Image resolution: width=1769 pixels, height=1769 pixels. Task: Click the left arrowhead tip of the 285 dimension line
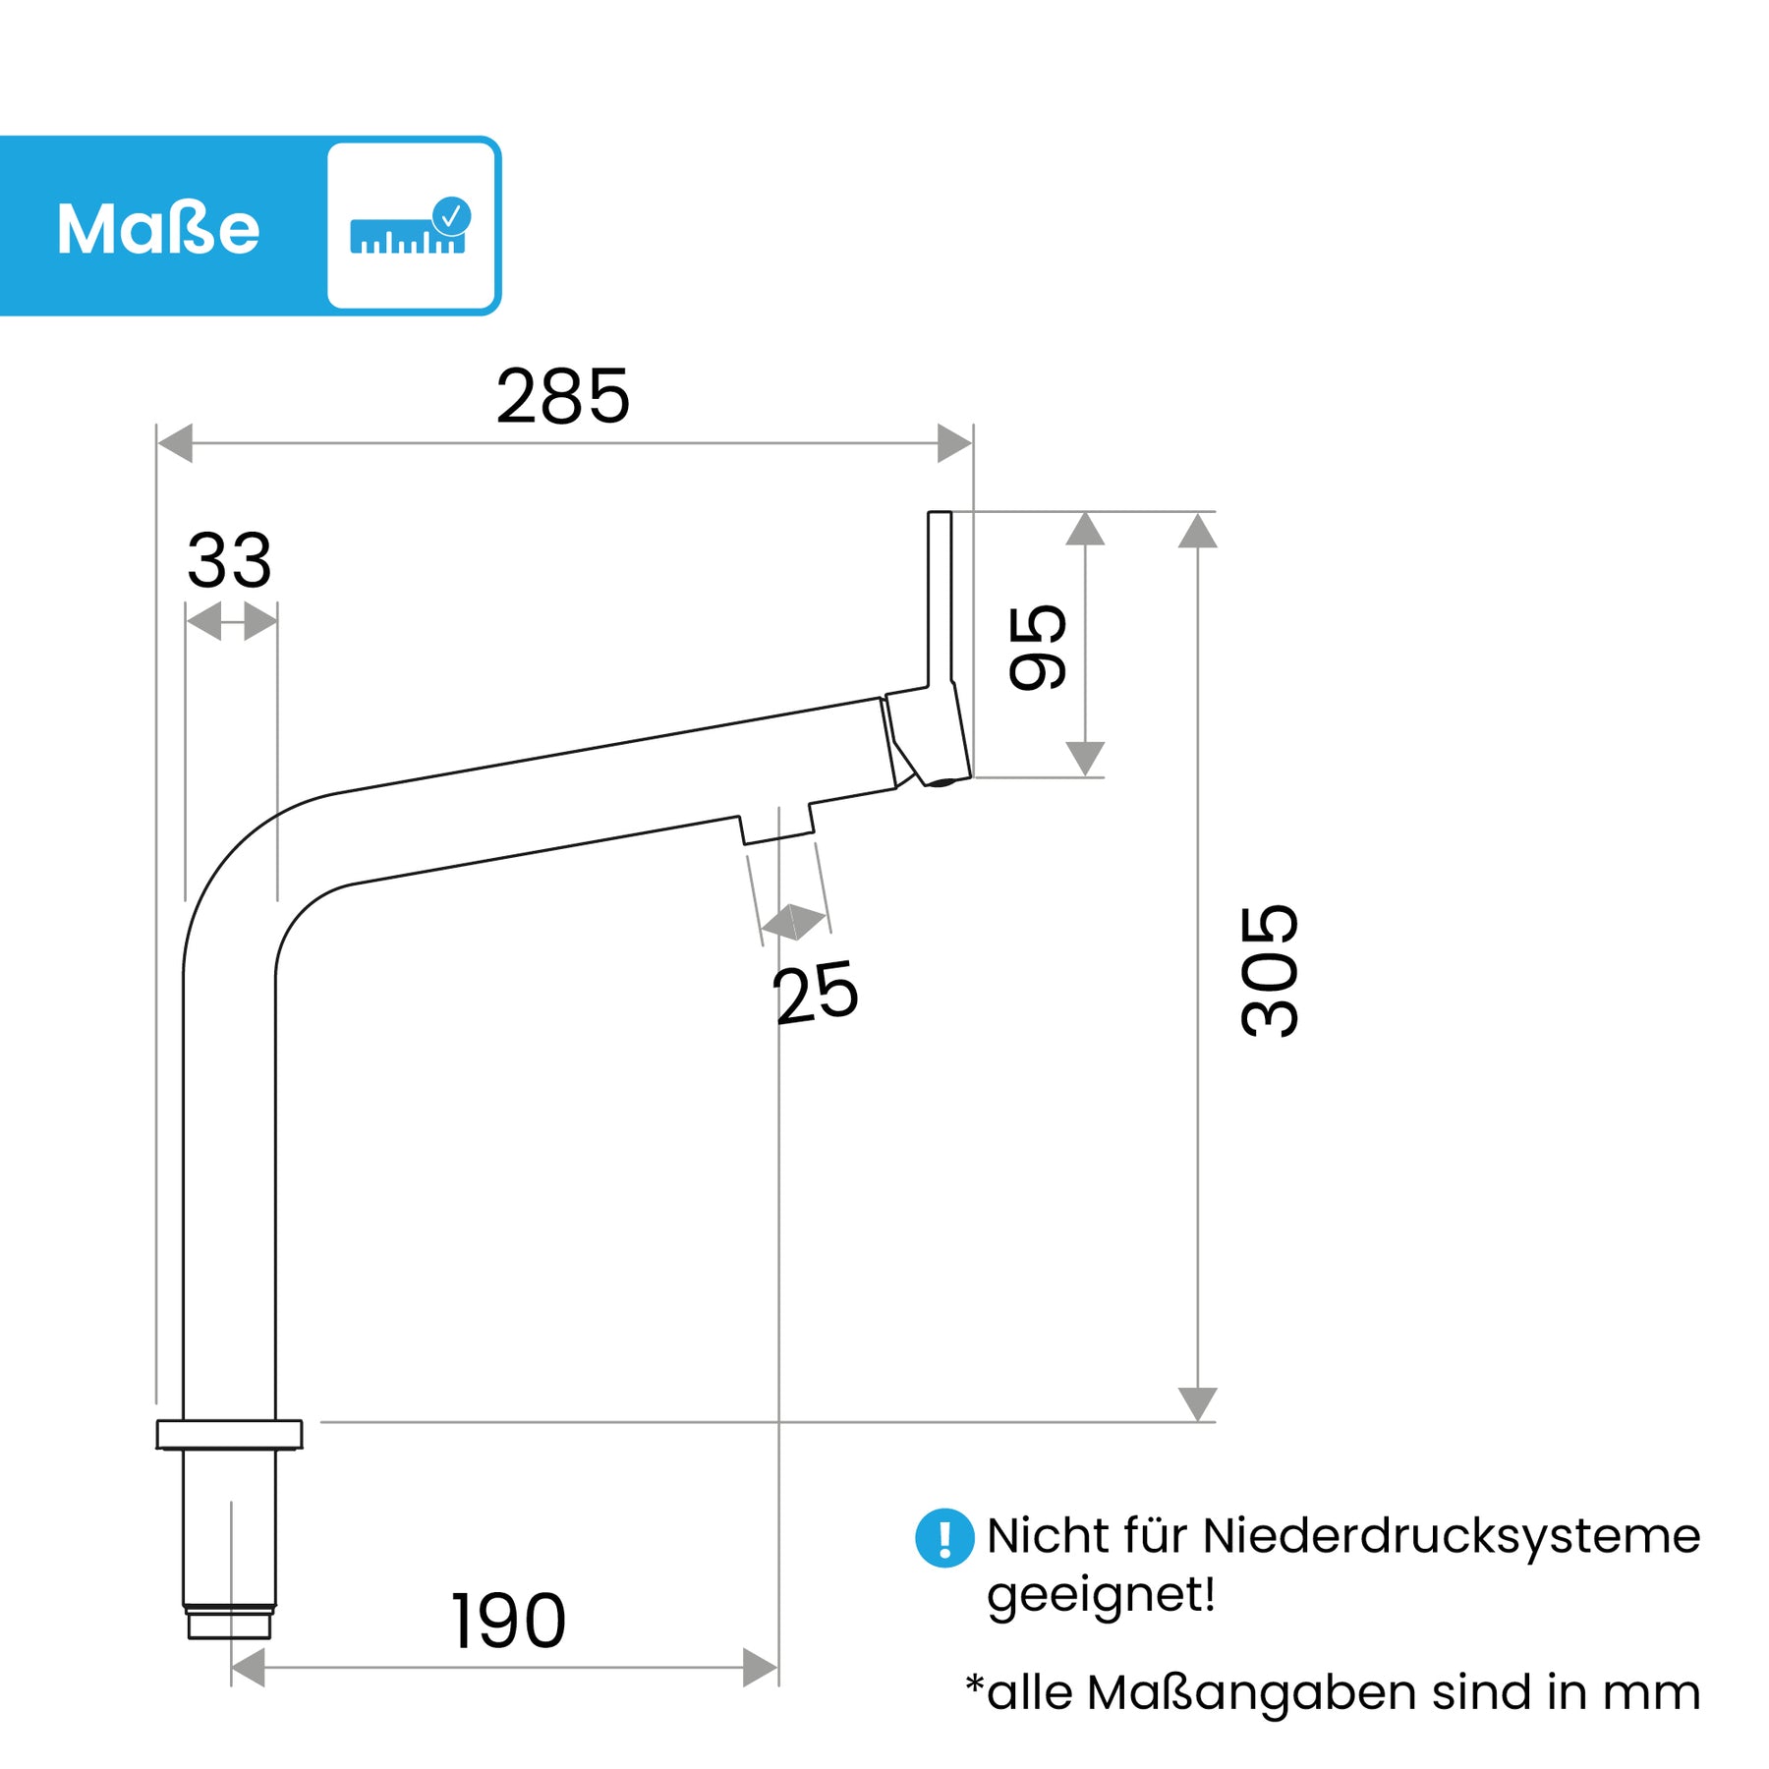158,443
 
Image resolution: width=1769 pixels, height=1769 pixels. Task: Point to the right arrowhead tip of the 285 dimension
972,443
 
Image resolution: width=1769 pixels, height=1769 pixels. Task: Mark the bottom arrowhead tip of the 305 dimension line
1197,1421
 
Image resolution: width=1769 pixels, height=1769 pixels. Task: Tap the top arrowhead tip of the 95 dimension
1085,512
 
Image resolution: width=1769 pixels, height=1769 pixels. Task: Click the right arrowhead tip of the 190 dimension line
777,1667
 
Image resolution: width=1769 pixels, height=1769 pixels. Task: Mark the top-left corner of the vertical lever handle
929,512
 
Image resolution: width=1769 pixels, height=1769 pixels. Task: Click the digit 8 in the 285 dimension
562,397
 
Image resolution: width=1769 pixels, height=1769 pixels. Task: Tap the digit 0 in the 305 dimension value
1270,970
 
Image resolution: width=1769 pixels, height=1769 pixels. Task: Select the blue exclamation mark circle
944,1538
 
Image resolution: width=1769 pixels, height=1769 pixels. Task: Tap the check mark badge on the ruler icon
451,215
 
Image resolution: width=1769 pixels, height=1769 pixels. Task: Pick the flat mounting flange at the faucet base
229,1435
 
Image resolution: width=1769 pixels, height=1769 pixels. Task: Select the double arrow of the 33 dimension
231,622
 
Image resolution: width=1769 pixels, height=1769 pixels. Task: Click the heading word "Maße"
158,229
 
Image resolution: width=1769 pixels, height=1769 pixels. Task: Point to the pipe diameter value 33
229,561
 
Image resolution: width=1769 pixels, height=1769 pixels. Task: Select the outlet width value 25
816,994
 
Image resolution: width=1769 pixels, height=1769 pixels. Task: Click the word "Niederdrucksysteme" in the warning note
1451,1536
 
